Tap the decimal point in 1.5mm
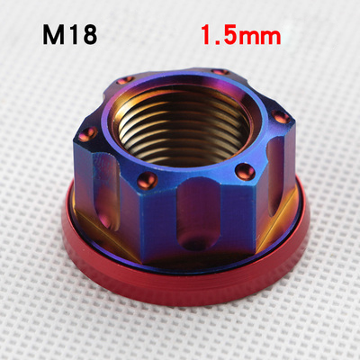pyautogui.click(x=218, y=44)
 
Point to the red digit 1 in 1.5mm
pyautogui.click(x=207, y=37)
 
